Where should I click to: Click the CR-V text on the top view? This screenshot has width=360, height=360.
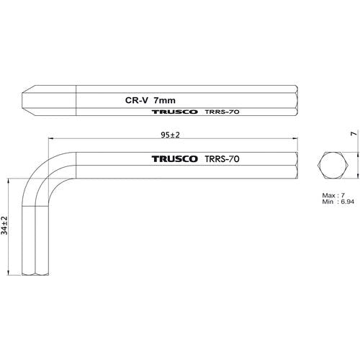pyautogui.click(x=137, y=100)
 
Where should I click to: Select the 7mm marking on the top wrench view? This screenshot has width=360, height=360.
pyautogui.click(x=165, y=101)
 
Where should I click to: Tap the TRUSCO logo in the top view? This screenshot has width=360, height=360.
pyautogui.click(x=175, y=112)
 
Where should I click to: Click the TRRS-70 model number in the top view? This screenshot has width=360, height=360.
pyautogui.click(x=222, y=112)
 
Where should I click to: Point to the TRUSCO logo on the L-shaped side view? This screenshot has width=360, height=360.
pyautogui.click(x=175, y=159)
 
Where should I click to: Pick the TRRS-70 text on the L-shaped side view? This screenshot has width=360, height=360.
pyautogui.click(x=222, y=159)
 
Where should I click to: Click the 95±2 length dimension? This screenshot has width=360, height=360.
pyautogui.click(x=170, y=135)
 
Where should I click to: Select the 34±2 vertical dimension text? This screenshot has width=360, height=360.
pyautogui.click(x=4, y=225)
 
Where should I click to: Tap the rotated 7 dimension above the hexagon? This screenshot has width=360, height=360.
pyautogui.click(x=354, y=134)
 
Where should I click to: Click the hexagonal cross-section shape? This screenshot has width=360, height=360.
pyautogui.click(x=333, y=165)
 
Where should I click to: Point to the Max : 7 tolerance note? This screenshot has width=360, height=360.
pyautogui.click(x=333, y=195)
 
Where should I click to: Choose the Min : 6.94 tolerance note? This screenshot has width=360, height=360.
pyautogui.click(x=338, y=202)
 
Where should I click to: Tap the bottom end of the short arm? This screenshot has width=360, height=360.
pyautogui.click(x=35, y=274)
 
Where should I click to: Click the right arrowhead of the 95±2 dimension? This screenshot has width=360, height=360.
pyautogui.click(x=294, y=138)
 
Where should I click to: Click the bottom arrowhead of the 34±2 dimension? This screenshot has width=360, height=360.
pyautogui.click(x=9, y=272)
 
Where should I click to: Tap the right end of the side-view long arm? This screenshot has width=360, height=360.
pyautogui.click(x=297, y=166)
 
